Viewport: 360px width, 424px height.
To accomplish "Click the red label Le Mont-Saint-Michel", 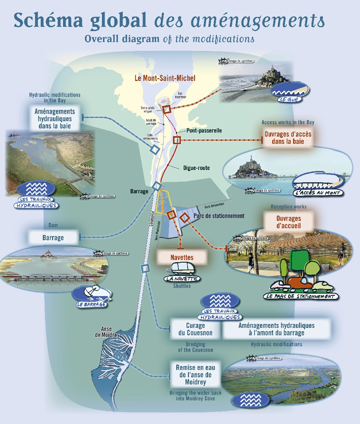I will click(x=165, y=79).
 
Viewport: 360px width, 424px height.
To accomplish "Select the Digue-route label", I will click(x=197, y=168).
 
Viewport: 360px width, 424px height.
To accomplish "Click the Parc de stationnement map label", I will click(x=219, y=216).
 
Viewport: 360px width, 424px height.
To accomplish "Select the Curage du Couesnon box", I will click(x=195, y=329).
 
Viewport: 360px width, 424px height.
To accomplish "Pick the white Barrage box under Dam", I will click(x=53, y=237).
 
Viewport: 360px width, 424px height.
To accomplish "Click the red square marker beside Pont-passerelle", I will click(x=177, y=140).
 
